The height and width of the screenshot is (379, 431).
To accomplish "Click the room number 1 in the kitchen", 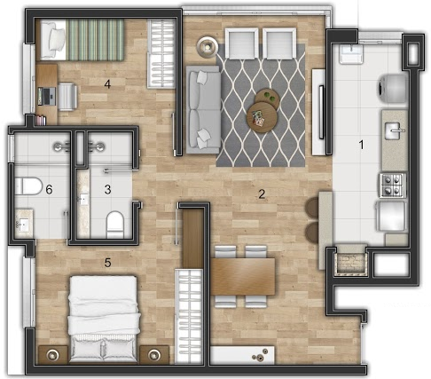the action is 361,145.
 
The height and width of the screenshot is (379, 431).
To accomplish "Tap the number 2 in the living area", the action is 262,194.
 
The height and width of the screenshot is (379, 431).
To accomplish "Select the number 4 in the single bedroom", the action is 107,84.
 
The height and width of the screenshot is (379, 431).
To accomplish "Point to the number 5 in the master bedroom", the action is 107,263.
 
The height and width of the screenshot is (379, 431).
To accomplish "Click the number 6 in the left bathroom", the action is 49,189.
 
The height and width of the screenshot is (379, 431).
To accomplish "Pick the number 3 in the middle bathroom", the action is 107,189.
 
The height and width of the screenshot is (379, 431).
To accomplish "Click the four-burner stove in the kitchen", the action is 393,186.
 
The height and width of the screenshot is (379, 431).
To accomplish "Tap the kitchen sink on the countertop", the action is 395,130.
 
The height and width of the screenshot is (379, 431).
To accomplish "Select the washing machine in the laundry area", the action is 393,89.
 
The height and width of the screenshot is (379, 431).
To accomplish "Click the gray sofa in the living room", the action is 203,109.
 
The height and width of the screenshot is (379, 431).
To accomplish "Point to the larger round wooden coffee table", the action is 262,117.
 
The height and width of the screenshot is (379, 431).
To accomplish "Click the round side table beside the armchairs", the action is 208,46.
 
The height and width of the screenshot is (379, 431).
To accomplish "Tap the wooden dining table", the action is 243,276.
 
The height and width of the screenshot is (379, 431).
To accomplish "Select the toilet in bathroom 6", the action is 28,186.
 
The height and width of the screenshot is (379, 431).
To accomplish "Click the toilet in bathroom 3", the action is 114,224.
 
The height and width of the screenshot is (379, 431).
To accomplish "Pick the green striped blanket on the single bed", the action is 95,40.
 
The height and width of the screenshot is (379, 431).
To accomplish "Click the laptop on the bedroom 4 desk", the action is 47,96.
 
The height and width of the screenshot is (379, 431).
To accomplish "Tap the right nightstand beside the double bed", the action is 154,354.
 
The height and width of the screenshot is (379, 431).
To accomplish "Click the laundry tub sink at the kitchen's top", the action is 351,54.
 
